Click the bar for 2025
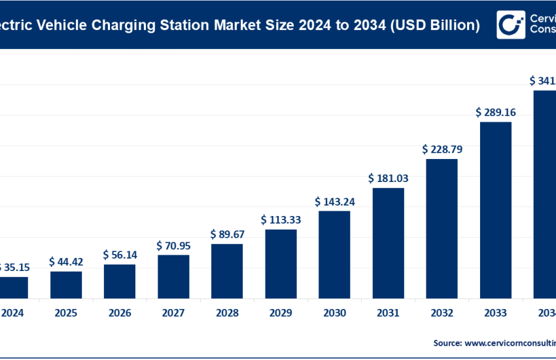pyautogui.click(x=66, y=284)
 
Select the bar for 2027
pyautogui.click(x=173, y=276)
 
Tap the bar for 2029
pyautogui.click(x=281, y=263)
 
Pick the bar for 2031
pyautogui.click(x=388, y=243)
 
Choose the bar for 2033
pyautogui.click(x=496, y=209)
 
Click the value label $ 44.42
pyautogui.click(x=66, y=262)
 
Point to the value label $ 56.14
pyautogui.click(x=120, y=255)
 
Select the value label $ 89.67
pyautogui.click(x=227, y=234)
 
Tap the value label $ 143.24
pyautogui.click(x=334, y=202)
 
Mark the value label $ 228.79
pyautogui.click(x=442, y=149)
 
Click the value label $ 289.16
pyautogui.click(x=496, y=113)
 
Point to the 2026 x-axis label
pyautogui.click(x=120, y=313)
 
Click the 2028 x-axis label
pyautogui.click(x=227, y=313)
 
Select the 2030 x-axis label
pyautogui.click(x=334, y=313)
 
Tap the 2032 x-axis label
pyautogui.click(x=442, y=313)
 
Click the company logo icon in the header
pyautogui.click(x=510, y=24)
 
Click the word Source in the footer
pyautogui.click(x=447, y=342)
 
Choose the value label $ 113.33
pyautogui.click(x=281, y=219)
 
